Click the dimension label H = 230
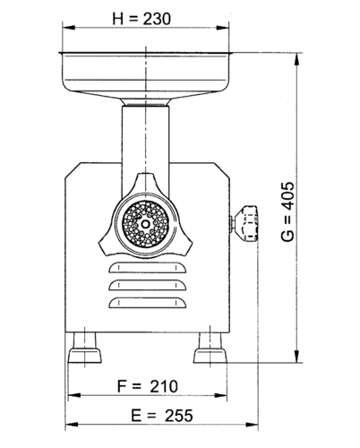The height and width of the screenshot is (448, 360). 141,19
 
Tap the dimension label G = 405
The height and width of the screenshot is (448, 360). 287,211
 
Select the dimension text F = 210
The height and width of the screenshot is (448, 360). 148,386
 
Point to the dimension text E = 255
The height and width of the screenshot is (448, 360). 162,416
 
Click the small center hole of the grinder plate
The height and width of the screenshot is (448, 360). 146,223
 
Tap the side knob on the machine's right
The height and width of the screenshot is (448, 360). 245,223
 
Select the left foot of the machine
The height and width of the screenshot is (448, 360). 85,348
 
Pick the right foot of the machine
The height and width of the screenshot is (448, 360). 210,348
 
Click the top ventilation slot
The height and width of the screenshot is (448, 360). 148,268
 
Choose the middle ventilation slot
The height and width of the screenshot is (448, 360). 148,285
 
